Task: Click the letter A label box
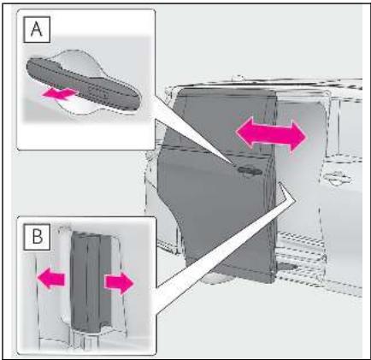pyautogui.click(x=37, y=29)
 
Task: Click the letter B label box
pyautogui.click(x=37, y=237)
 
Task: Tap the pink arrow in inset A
pyautogui.click(x=60, y=94)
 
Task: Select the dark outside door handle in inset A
pyautogui.click(x=83, y=83)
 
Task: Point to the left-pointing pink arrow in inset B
pyautogui.click(x=51, y=278)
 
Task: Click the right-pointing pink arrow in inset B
pyautogui.click(x=119, y=283)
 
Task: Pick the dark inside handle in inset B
pyautogui.click(x=91, y=281)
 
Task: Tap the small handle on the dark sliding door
pyautogui.click(x=250, y=170)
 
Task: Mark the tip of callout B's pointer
pyautogui.click(x=280, y=183)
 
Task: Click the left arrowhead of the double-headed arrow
pyautogui.click(x=244, y=133)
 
